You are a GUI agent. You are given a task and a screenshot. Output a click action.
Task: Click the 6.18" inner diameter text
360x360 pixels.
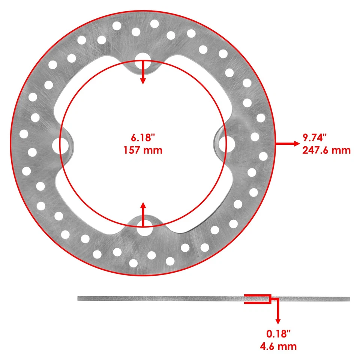(x=143, y=138)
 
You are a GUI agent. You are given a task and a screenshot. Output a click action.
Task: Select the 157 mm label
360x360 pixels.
(x=143, y=150)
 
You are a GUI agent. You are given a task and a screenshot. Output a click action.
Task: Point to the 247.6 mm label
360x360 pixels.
(x=326, y=150)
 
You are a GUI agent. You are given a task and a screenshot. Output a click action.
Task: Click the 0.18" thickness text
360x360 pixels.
(x=278, y=333)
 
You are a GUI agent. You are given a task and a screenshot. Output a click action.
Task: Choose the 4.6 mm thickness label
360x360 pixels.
(x=278, y=346)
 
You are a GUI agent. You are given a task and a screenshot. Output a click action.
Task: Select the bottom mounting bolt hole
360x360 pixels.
(x=142, y=231)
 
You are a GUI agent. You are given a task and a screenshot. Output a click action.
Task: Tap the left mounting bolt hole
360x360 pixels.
(x=56, y=145)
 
